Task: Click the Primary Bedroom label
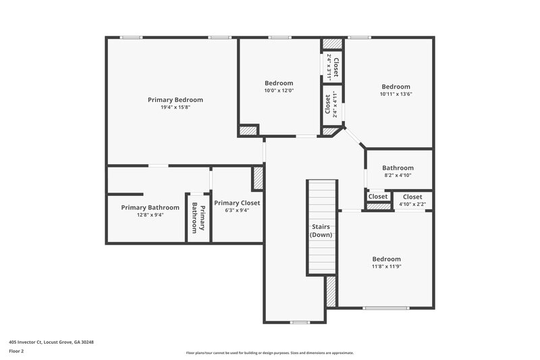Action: (x=175, y=99)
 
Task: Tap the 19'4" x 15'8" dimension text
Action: (x=175, y=107)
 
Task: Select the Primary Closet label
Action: (x=237, y=203)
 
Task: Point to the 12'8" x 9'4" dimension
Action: (x=150, y=215)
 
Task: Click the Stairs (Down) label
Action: (x=322, y=230)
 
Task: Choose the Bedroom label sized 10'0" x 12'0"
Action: (x=279, y=83)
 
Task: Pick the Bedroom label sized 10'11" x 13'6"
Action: (x=396, y=86)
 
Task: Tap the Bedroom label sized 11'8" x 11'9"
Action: (x=387, y=259)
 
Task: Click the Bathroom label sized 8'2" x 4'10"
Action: (x=397, y=168)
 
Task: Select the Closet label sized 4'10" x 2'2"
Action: (x=412, y=197)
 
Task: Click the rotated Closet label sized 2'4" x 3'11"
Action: (x=335, y=68)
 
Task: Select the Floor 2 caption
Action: (x=17, y=351)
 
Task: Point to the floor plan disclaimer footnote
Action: (x=269, y=353)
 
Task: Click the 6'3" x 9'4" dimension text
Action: (x=237, y=210)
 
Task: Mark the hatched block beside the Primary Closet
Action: (x=257, y=178)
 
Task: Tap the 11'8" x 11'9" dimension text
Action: (x=387, y=267)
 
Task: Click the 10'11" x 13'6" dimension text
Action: (x=396, y=95)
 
